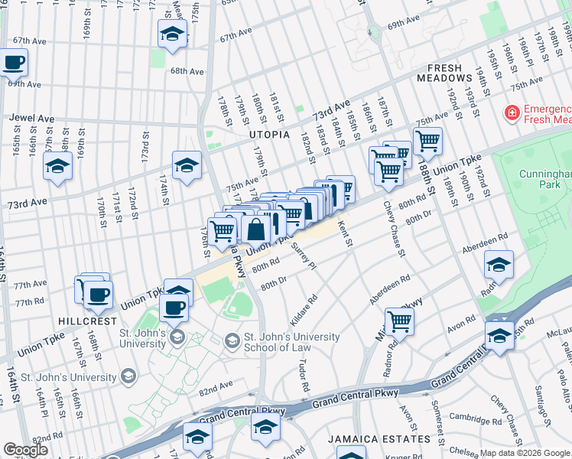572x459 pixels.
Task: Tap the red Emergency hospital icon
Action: pyautogui.click(x=510, y=113)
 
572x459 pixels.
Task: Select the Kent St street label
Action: pyautogui.click(x=343, y=233)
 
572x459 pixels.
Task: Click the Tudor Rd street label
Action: pyautogui.click(x=304, y=375)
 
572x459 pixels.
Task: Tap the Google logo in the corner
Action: pyautogui.click(x=25, y=450)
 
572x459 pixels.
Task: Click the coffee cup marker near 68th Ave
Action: pyautogui.click(x=13, y=62)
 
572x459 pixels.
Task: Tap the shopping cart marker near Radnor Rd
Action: pyautogui.click(x=399, y=321)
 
